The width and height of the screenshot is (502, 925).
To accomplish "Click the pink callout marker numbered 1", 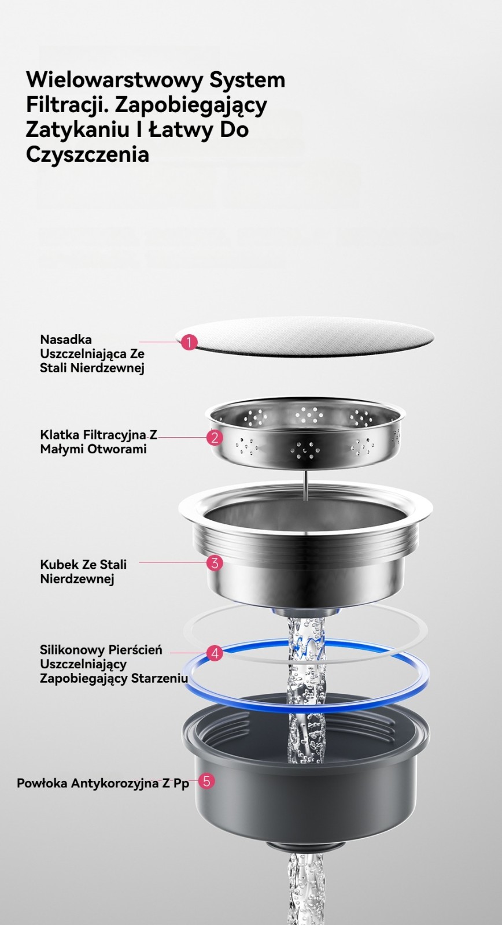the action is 189,342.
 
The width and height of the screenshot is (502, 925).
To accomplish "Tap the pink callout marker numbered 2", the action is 215,437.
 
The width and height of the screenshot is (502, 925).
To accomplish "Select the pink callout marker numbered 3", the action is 215,563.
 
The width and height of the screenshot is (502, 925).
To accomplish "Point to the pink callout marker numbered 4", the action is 215,653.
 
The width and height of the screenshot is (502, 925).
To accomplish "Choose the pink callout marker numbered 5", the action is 206,781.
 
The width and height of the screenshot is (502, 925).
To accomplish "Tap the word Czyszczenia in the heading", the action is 87,155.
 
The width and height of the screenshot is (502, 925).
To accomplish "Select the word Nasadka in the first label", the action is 66,339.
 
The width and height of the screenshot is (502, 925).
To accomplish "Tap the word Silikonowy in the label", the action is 72,650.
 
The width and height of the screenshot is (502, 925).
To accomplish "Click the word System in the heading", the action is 247,80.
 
